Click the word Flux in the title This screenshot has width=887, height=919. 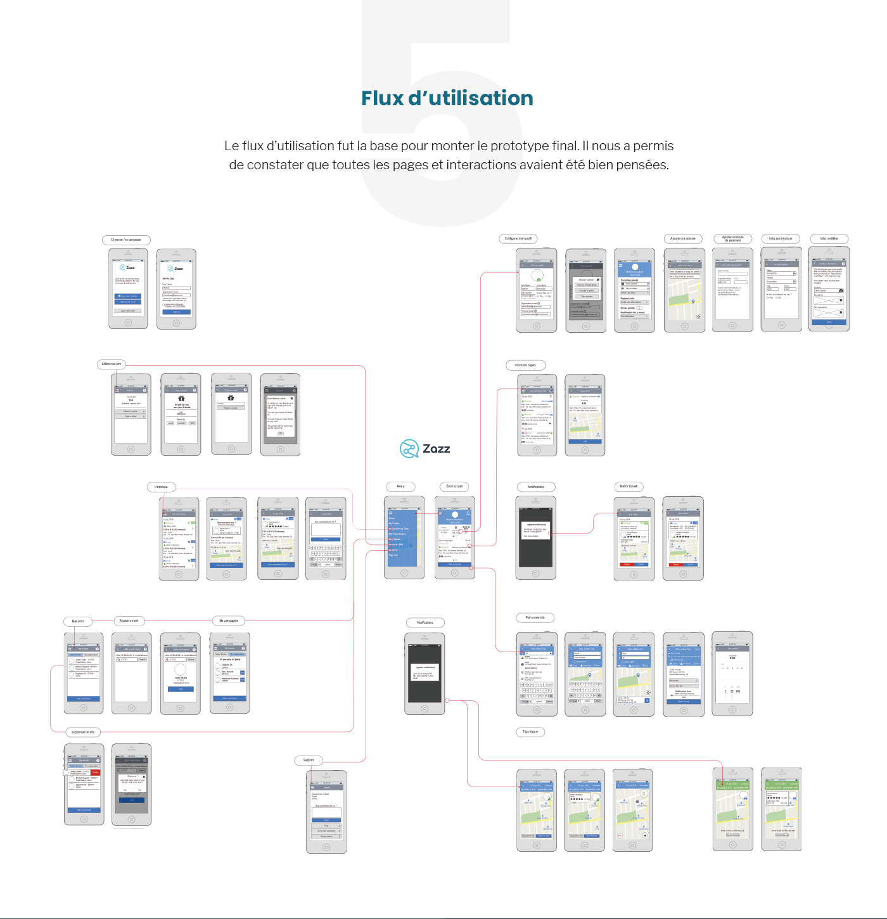click(x=383, y=98)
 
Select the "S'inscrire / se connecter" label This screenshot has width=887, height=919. click(x=126, y=240)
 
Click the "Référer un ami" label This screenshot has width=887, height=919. click(x=112, y=364)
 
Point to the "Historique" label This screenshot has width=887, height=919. click(x=161, y=487)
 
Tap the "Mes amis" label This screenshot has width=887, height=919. click(x=78, y=621)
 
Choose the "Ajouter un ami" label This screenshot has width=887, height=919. click(x=129, y=620)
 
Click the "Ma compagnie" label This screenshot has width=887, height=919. click(x=228, y=620)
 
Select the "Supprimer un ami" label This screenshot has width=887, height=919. click(x=83, y=732)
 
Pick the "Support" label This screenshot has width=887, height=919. click(x=309, y=760)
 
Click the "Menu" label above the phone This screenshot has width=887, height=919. click(x=400, y=486)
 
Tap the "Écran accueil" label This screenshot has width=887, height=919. click(x=454, y=486)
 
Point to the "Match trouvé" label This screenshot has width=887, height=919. click(x=629, y=486)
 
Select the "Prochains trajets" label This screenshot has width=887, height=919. click(x=525, y=365)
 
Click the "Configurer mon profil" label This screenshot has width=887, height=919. click(x=518, y=238)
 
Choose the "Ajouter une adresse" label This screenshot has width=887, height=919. click(x=683, y=238)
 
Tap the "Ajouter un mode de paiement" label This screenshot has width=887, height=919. click(x=732, y=239)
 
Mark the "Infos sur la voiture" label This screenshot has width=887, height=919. click(x=781, y=238)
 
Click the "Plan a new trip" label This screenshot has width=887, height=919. click(x=535, y=617)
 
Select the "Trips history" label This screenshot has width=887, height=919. click(x=530, y=731)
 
